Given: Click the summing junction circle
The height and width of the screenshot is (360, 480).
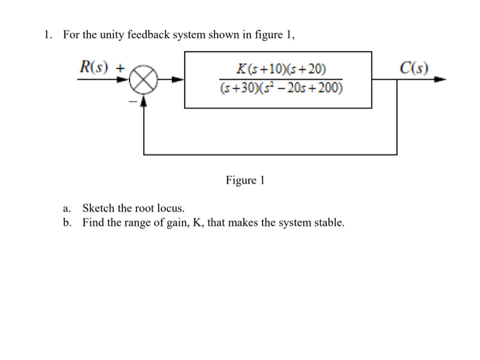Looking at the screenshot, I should (x=144, y=80).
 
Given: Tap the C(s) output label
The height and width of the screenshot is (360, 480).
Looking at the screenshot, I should (x=414, y=67).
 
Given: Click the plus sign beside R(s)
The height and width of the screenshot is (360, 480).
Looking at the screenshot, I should (x=120, y=66).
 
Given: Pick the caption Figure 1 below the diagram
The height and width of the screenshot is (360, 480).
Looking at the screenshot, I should (x=244, y=180).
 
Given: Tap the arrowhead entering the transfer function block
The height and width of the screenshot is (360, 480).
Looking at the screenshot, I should (x=178, y=79).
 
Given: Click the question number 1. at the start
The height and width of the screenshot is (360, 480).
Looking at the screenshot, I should (x=47, y=35).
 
